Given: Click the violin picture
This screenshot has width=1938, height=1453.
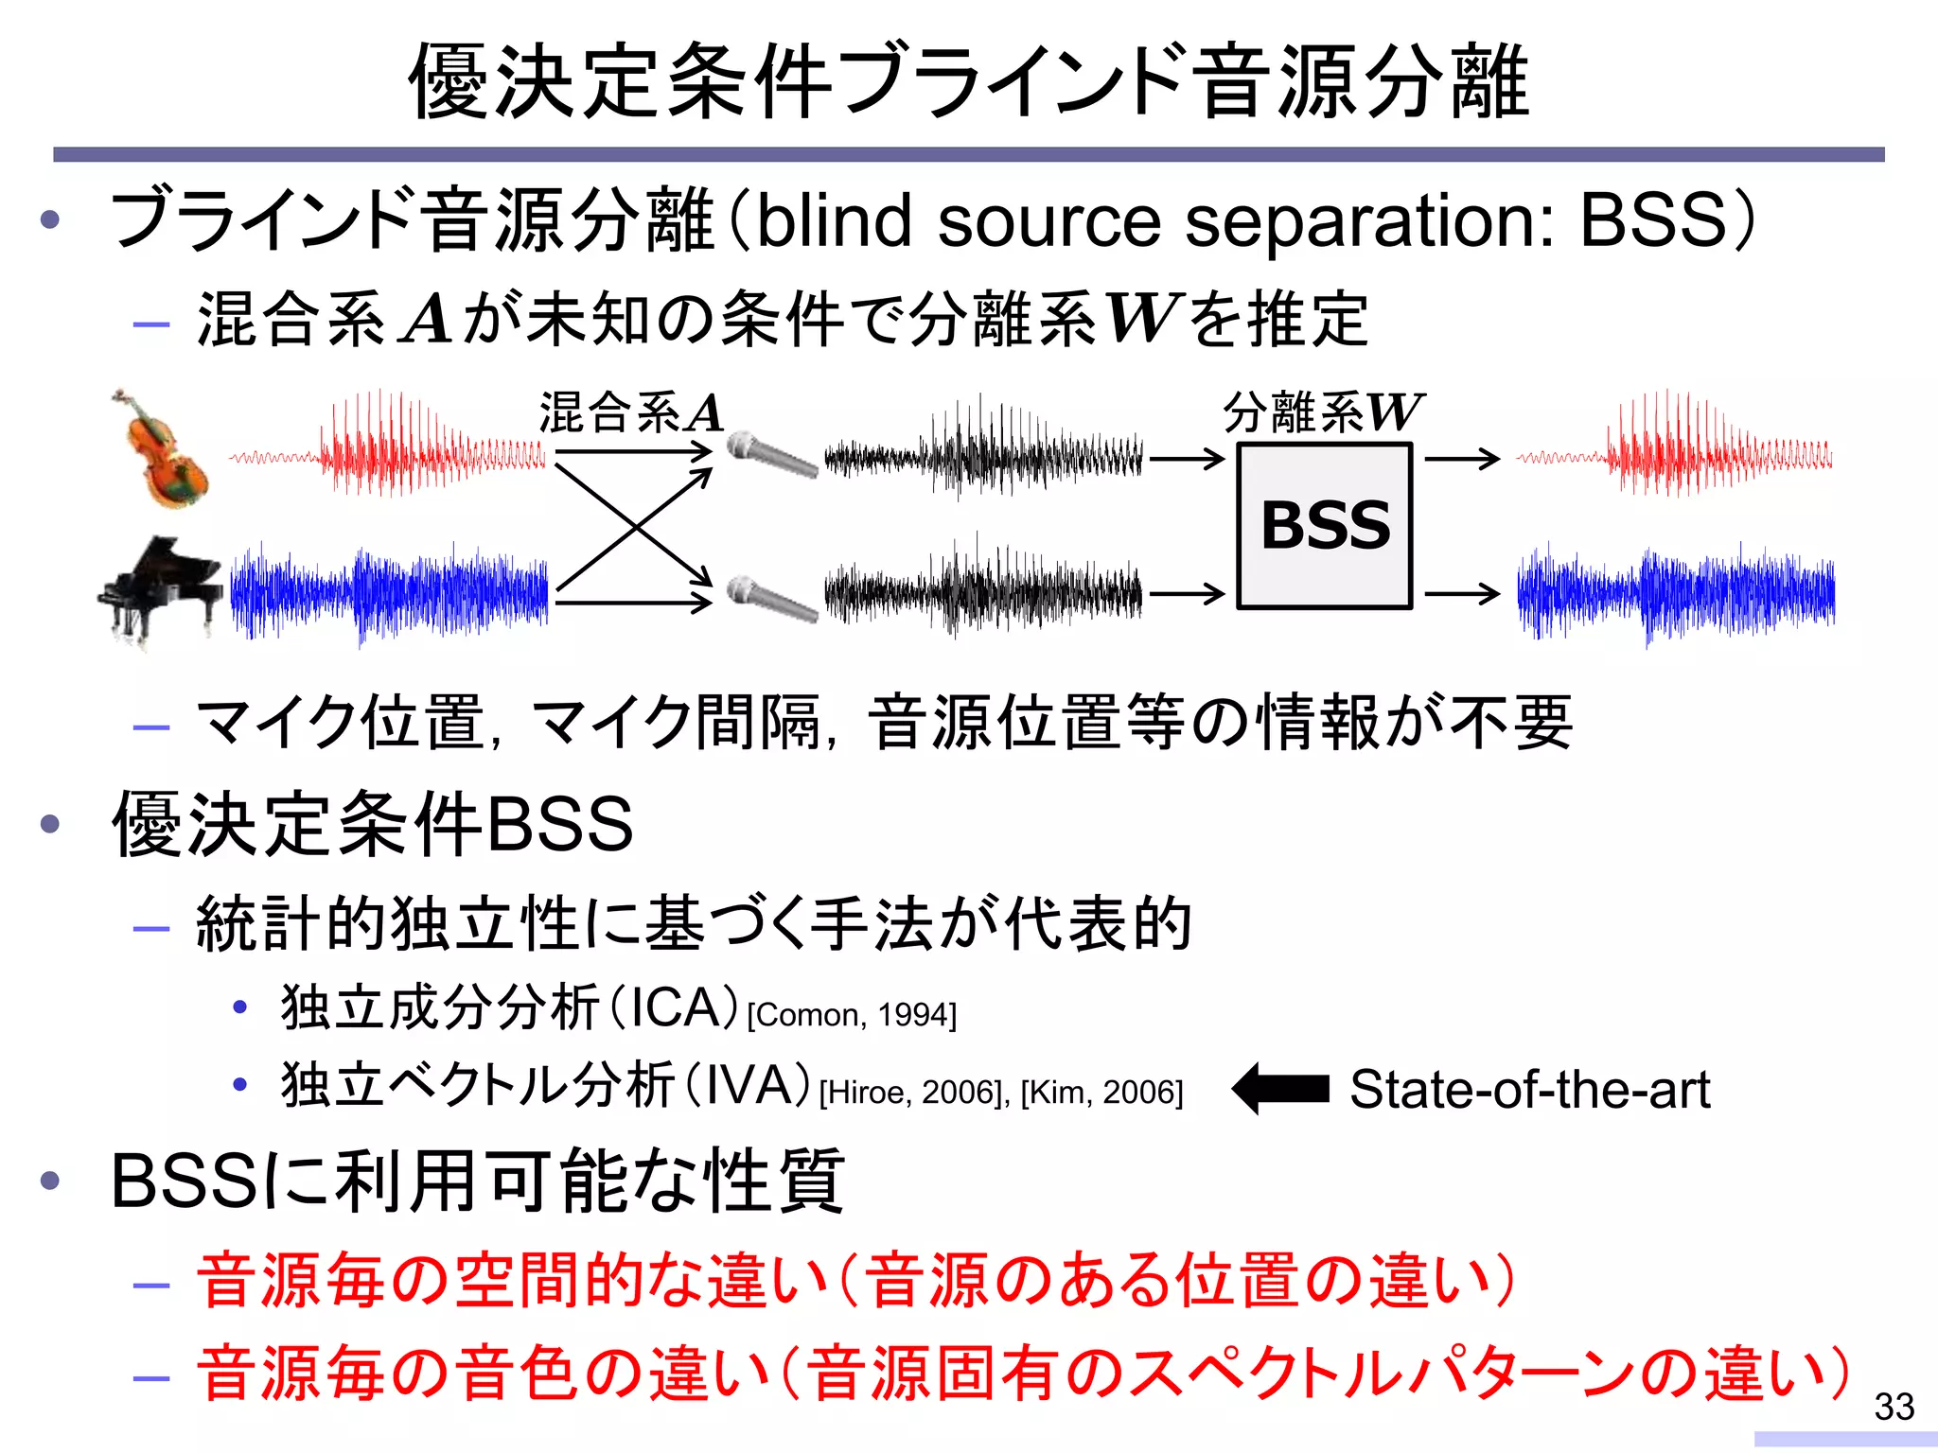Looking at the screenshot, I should coord(161,450).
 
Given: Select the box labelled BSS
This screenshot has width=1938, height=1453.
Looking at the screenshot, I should coord(1325,526).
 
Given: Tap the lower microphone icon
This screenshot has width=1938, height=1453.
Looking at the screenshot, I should coord(772,598).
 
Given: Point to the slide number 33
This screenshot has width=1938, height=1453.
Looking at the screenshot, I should coord(1894,1407).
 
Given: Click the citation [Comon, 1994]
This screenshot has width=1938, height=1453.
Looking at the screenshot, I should coord(852,1015).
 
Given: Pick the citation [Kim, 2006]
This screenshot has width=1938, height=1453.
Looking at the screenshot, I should coord(1101,1093).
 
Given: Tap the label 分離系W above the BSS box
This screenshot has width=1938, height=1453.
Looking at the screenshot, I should coord(1323,412).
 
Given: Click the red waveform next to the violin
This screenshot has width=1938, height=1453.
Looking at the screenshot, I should coord(388,445).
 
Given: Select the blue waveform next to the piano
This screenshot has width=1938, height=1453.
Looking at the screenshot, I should coord(388,592).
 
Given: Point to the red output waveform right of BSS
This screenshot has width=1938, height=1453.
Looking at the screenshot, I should coord(1675,445).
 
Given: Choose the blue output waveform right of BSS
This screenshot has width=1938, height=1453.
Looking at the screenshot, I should coord(1675,592).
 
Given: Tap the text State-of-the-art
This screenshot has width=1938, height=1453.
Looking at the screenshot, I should coord(1529,1089).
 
